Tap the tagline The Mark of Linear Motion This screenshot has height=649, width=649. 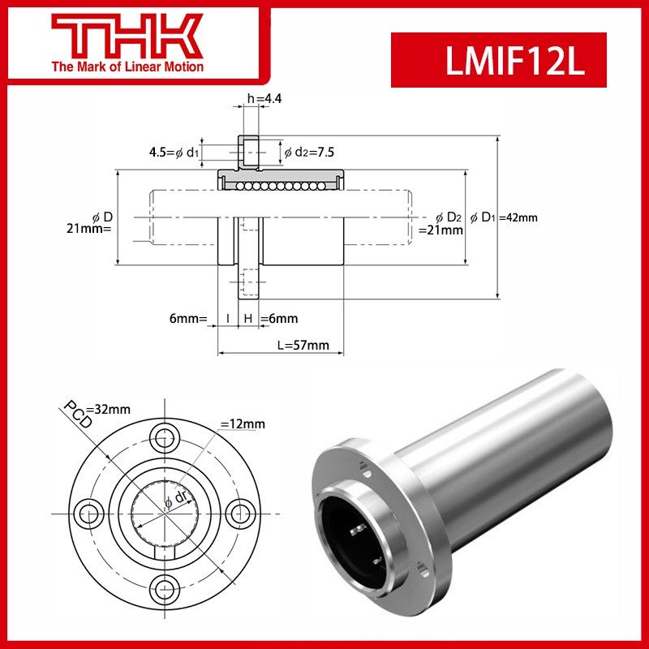127,67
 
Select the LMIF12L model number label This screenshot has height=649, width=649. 498,60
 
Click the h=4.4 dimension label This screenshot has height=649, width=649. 264,100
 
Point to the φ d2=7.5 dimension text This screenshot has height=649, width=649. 309,152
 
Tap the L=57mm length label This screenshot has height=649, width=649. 303,345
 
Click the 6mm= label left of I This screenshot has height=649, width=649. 189,319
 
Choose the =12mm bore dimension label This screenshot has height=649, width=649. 243,424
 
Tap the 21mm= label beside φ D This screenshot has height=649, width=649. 88,229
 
